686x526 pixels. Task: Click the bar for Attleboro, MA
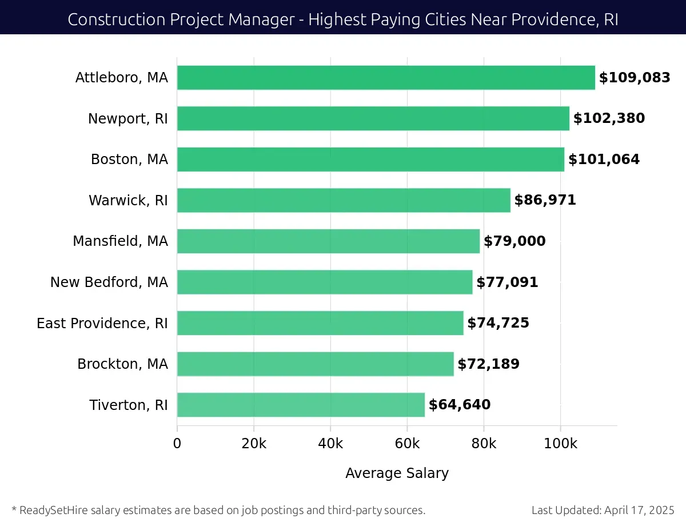(x=386, y=78)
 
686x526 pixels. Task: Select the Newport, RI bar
(x=373, y=118)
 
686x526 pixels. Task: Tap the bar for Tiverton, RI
(x=301, y=405)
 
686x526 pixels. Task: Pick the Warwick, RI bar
(x=344, y=200)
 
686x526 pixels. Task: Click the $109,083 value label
(x=635, y=78)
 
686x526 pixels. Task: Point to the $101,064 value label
(x=604, y=160)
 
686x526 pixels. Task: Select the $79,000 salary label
(x=514, y=241)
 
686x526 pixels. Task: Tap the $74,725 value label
(x=498, y=323)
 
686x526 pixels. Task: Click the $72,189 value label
(x=488, y=364)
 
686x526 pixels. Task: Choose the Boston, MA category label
(x=129, y=160)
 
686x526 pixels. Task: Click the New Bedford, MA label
(x=109, y=282)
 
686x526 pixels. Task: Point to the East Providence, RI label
(x=102, y=323)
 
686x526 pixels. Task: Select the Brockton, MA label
(x=123, y=364)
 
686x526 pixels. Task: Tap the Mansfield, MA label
(x=120, y=241)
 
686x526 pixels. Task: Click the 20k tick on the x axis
(x=254, y=444)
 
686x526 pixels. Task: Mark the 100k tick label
(x=560, y=444)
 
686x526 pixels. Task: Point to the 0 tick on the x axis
(x=177, y=444)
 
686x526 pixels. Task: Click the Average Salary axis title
(x=397, y=473)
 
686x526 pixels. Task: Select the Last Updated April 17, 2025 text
(x=603, y=510)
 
